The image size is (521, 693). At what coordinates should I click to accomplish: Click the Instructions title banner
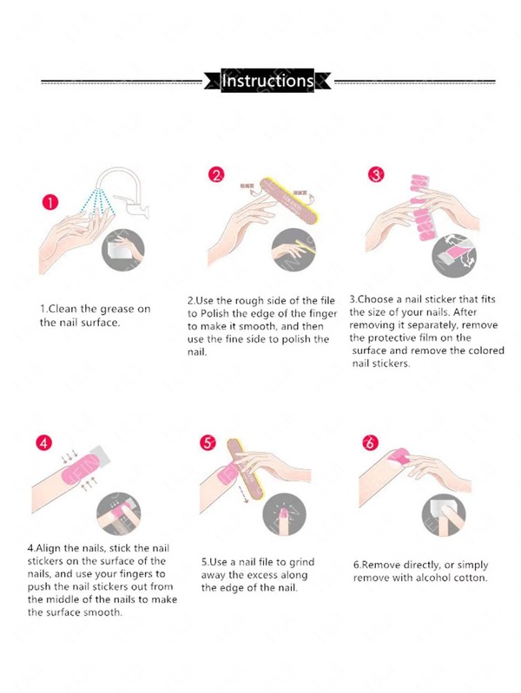click(x=267, y=81)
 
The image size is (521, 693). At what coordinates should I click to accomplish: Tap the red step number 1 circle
click(x=50, y=202)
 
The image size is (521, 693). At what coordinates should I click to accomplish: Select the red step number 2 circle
click(x=216, y=175)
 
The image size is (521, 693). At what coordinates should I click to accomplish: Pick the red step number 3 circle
click(x=376, y=175)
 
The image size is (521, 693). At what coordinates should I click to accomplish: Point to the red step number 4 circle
click(x=43, y=442)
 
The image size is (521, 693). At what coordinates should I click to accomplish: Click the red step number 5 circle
click(x=208, y=442)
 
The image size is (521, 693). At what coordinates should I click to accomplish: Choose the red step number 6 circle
click(x=370, y=442)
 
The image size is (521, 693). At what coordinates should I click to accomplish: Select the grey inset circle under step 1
click(x=123, y=250)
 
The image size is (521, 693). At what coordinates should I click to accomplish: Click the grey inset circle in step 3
click(x=455, y=257)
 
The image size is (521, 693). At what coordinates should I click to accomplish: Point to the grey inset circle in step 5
click(x=284, y=514)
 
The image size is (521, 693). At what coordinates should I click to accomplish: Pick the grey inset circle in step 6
click(x=444, y=514)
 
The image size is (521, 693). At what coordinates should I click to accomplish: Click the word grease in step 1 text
click(x=116, y=309)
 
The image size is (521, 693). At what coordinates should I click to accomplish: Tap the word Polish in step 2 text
click(x=214, y=313)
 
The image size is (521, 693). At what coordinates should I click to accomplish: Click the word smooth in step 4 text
click(x=103, y=612)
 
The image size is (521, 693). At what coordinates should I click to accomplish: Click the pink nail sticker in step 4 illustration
click(x=76, y=470)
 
